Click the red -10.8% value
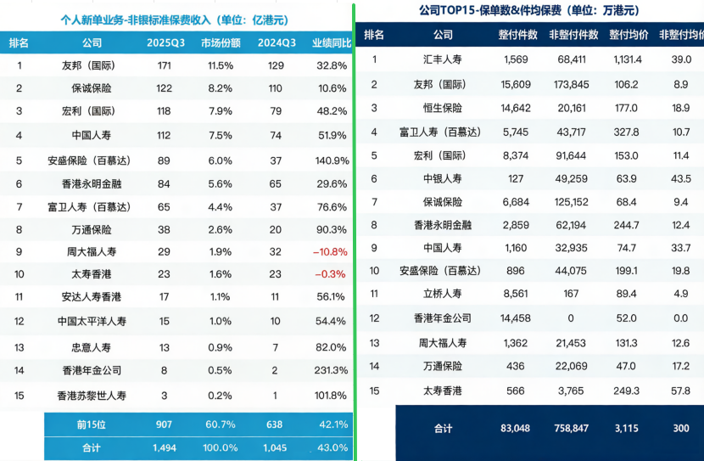[x=329, y=252]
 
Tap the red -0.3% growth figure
[x=329, y=275]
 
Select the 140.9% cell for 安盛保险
[x=330, y=160]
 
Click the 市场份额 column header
[x=221, y=42]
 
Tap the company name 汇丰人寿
[x=443, y=59]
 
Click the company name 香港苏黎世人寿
[x=92, y=395]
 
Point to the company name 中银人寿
[x=443, y=178]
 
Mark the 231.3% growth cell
[x=330, y=370]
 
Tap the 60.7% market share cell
[x=221, y=424]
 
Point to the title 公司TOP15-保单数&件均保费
[x=529, y=10]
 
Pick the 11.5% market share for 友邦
[x=221, y=65]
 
